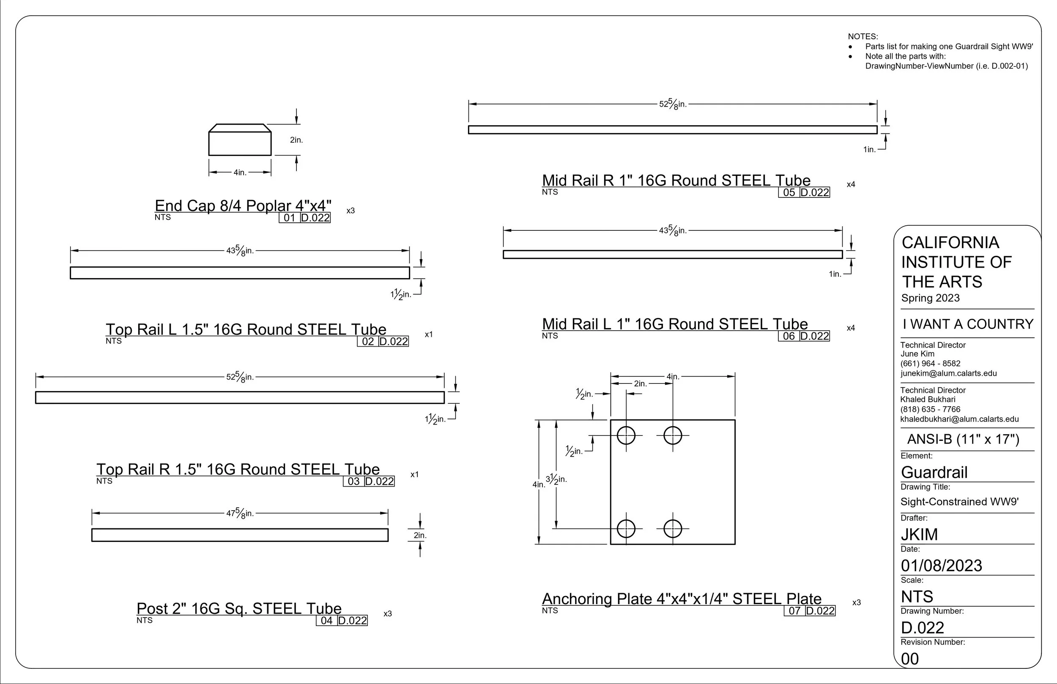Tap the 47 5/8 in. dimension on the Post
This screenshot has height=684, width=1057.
pos(240,514)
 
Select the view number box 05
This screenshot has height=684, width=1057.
pos(789,192)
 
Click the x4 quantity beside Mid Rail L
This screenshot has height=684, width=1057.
pos(851,328)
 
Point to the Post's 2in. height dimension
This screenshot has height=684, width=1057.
pos(420,535)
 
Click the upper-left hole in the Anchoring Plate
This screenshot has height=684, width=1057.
pos(626,435)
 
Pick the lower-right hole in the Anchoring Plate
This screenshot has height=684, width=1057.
pos(673,528)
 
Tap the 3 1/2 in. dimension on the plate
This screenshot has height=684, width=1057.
pos(556,480)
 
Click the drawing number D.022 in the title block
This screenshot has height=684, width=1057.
pos(923,628)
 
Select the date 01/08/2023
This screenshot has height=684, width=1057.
pos(942,565)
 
